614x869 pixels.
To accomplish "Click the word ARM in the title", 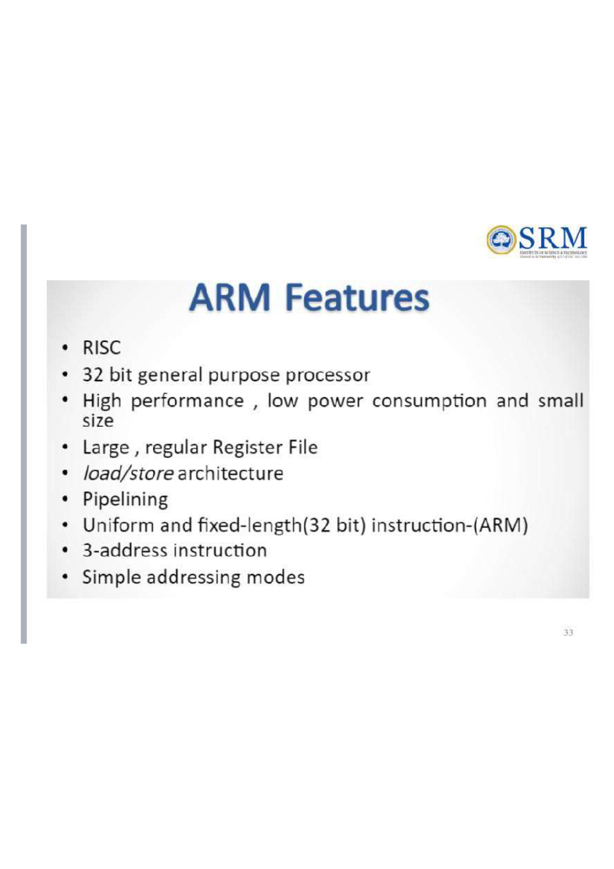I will (230, 297).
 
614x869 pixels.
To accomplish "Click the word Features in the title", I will (357, 297).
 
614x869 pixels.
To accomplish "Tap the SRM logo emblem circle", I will (501, 240).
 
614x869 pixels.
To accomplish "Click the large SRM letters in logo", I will (553, 238).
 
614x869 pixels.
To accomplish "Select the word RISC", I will (102, 348).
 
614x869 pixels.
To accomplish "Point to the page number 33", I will (568, 633).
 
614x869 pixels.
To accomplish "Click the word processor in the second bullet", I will (327, 375).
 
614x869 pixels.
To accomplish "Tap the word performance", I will (187, 401).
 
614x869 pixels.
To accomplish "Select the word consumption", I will (429, 401).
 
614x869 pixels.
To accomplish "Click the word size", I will (98, 421).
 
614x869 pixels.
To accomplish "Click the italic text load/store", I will (128, 473).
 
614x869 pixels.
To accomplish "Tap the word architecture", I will (230, 473).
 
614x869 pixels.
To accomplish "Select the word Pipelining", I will (125, 499).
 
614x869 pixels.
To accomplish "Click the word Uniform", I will (118, 525).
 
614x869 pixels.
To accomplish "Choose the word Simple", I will (111, 577).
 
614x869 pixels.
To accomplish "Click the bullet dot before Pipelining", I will (65, 499).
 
